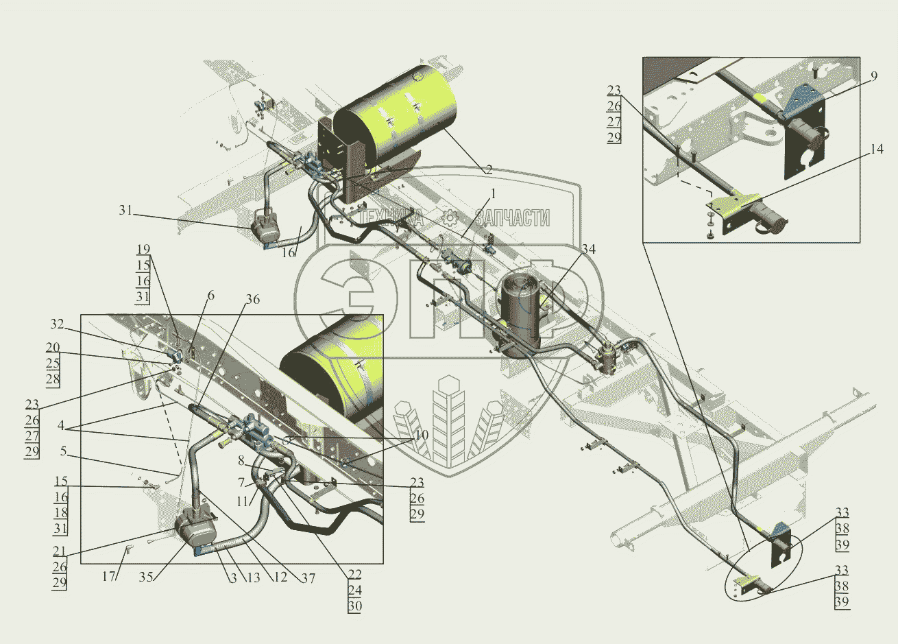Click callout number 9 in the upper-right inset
coord(874,76)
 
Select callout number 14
coord(877,150)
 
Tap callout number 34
coord(589,249)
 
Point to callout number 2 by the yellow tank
coord(489,169)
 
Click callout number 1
coord(493,194)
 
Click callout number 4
coord(60,425)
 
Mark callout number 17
coord(108,576)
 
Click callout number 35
coord(146,577)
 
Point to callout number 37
coord(308,578)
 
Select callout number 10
coord(422,435)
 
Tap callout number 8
coord(241,461)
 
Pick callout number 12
coord(280,577)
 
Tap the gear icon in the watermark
coord(450,217)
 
